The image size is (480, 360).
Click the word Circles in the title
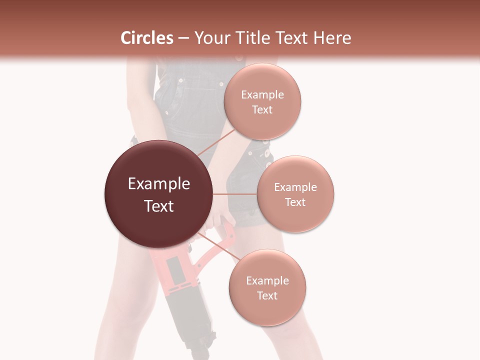coord(146,38)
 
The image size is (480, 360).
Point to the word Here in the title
coord(331,38)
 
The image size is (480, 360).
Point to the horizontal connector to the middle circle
coord(235,194)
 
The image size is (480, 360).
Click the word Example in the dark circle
coord(159,184)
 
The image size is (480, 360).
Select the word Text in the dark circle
coord(159,206)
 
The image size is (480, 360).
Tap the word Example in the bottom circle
coord(267,281)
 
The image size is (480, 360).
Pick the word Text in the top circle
coord(262,109)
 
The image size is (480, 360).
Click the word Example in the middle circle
coord(295,187)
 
